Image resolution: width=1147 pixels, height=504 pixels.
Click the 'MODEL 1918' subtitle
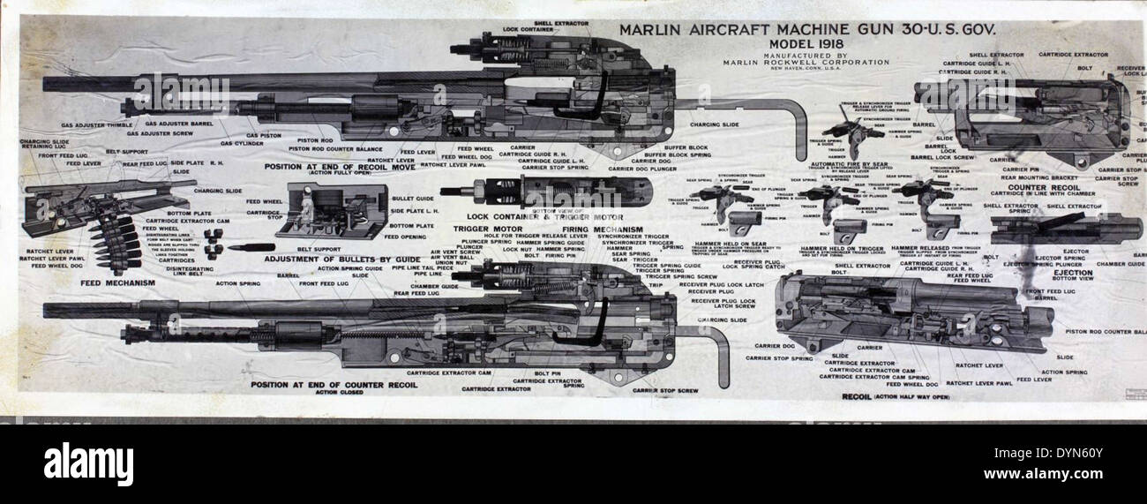click(x=806, y=43)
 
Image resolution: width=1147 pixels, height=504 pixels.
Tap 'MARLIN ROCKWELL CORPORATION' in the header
click(x=806, y=63)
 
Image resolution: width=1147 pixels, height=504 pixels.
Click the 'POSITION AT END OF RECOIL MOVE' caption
click(x=339, y=165)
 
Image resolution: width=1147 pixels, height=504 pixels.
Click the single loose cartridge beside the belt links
click(x=251, y=247)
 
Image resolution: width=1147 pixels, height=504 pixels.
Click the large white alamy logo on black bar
click(x=88, y=463)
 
